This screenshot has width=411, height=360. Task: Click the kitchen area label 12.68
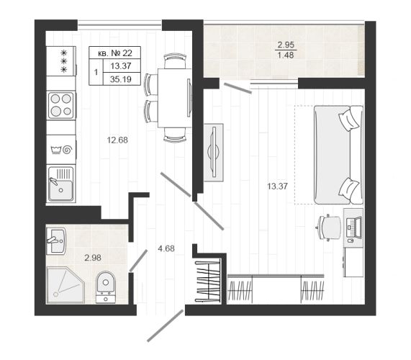(x=117, y=140)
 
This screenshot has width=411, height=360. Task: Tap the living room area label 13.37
(x=277, y=186)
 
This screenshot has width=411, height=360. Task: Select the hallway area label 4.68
(x=166, y=248)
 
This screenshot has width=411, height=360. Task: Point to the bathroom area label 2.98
(x=93, y=258)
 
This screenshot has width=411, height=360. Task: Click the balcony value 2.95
(x=286, y=45)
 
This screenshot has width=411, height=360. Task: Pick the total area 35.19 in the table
(x=121, y=79)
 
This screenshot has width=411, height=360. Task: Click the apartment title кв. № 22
(x=115, y=53)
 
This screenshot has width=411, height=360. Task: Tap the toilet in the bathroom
(x=105, y=287)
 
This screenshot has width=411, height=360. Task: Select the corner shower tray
(x=66, y=285)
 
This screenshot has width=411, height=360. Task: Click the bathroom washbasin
(x=56, y=241)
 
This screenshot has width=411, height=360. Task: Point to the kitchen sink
(x=61, y=184)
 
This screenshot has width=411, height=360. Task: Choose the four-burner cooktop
(x=61, y=105)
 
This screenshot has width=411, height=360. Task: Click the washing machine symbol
(x=61, y=150)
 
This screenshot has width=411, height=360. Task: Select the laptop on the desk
(x=354, y=228)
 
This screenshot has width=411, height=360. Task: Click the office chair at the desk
(x=330, y=227)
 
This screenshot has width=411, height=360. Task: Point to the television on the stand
(x=213, y=152)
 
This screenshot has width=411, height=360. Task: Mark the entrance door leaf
(x=166, y=325)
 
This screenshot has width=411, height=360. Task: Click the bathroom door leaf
(x=138, y=260)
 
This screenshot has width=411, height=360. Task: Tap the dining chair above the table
(x=175, y=60)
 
